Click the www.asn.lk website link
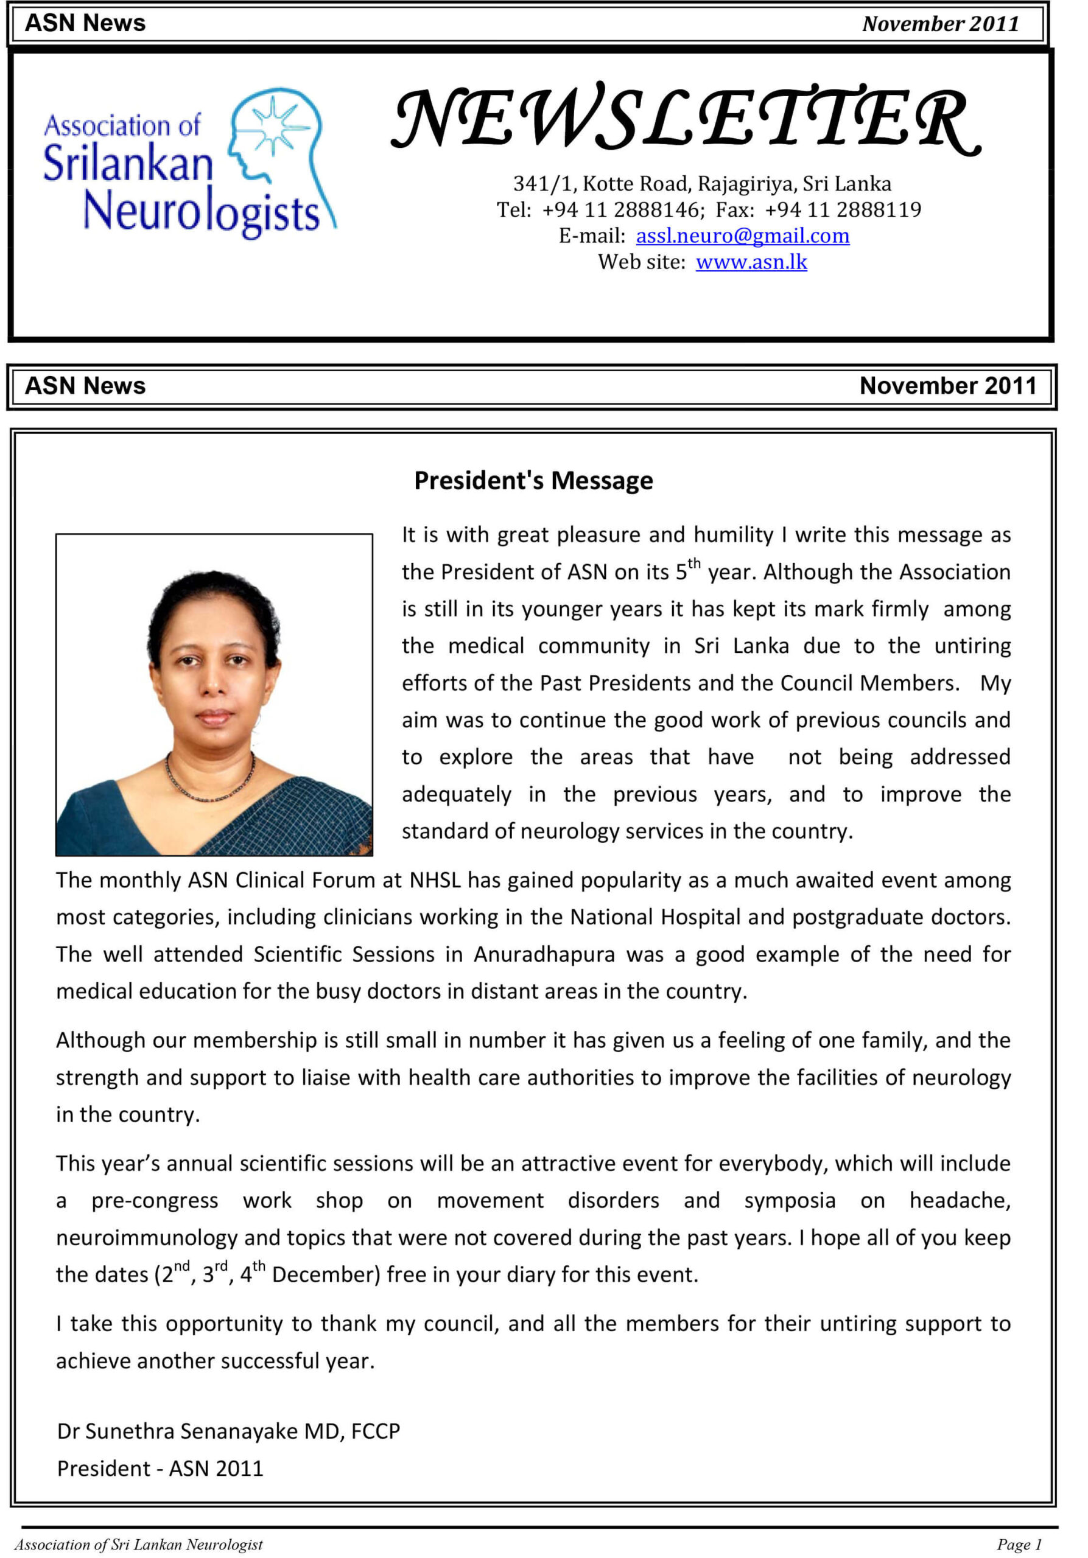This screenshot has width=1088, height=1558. click(x=751, y=262)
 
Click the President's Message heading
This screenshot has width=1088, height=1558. click(x=533, y=480)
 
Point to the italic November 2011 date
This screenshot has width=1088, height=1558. click(x=940, y=24)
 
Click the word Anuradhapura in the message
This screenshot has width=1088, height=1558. click(x=544, y=954)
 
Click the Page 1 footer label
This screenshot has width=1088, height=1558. click(x=1018, y=1545)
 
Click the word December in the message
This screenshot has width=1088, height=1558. click(x=326, y=1275)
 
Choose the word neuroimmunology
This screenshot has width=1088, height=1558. click(x=147, y=1238)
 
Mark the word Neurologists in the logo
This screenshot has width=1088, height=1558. click(x=201, y=212)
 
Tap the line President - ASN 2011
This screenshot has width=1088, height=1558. click(x=160, y=1469)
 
